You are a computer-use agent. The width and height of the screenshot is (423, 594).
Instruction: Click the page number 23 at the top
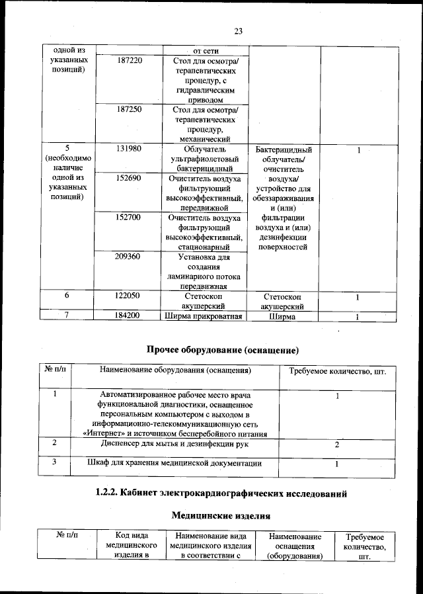click(x=239, y=30)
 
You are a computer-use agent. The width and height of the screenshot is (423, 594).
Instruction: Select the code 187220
click(x=129, y=61)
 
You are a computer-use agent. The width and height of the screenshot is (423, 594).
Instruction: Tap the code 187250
click(x=129, y=109)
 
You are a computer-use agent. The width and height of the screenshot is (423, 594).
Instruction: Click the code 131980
click(x=129, y=149)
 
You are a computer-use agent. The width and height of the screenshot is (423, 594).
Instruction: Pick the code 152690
click(x=129, y=179)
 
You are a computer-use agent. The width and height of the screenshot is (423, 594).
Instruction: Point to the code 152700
click(x=129, y=217)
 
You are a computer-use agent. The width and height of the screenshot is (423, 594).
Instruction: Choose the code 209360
click(x=129, y=256)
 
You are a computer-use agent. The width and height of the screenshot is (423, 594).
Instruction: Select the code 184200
click(x=129, y=316)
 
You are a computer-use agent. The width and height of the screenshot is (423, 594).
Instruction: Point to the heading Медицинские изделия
click(x=220, y=514)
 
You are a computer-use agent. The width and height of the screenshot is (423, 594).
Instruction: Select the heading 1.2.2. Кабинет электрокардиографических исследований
click(x=221, y=493)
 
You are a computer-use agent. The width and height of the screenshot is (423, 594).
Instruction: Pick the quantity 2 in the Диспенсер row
click(x=337, y=445)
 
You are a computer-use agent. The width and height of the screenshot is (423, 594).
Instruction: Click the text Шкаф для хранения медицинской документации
click(x=174, y=463)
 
